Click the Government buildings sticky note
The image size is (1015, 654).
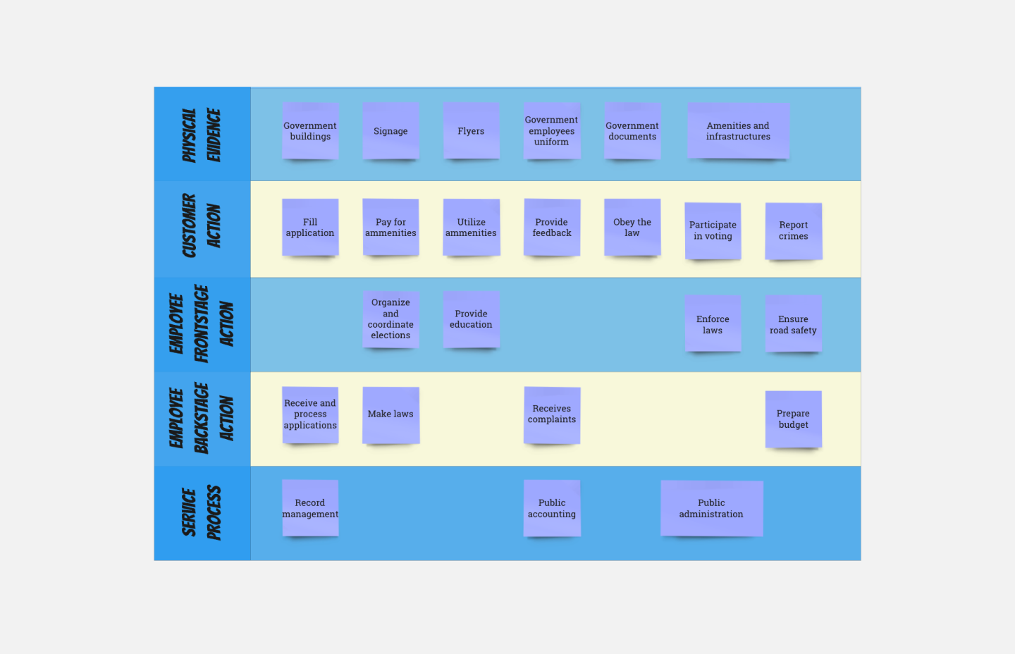coord(310,131)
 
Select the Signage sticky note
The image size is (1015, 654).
coord(390,131)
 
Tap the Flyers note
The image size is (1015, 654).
coord(471,131)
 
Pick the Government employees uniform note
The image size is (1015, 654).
coord(551,131)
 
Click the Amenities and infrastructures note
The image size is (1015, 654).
coord(738,131)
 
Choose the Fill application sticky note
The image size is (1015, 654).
coord(310,227)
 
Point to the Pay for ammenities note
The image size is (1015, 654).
coord(390,227)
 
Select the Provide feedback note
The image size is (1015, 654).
coord(551,227)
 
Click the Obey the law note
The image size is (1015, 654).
coord(632,227)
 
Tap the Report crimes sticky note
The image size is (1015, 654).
coord(793,231)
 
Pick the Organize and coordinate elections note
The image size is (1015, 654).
coord(390,319)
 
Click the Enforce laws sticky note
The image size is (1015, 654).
coord(713,324)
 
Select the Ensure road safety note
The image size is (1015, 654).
coord(793,324)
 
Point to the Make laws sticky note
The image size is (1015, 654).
coord(390,414)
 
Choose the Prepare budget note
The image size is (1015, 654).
coord(793,419)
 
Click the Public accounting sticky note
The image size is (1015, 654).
coord(551,508)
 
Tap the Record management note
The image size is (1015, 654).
coord(310,508)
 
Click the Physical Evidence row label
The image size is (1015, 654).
coord(202,135)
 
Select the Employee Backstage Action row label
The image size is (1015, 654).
coord(202,419)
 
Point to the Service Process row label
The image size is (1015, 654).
coord(202,513)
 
